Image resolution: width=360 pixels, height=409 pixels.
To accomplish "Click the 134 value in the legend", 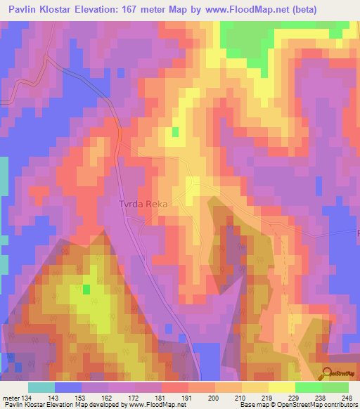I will (28, 398).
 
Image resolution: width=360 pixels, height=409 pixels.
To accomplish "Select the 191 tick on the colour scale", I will (188, 398).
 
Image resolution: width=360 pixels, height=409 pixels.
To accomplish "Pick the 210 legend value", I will (242, 398).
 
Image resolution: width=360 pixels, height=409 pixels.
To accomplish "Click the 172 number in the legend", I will (135, 398).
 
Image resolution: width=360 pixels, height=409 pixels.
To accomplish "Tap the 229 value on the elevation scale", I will (295, 398).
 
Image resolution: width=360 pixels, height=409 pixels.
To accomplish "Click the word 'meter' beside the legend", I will (11, 398).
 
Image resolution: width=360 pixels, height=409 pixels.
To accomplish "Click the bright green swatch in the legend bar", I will (309, 387).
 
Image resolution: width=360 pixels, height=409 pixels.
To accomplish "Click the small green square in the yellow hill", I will (86, 289).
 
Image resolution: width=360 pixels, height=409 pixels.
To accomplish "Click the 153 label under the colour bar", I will (82, 398).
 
